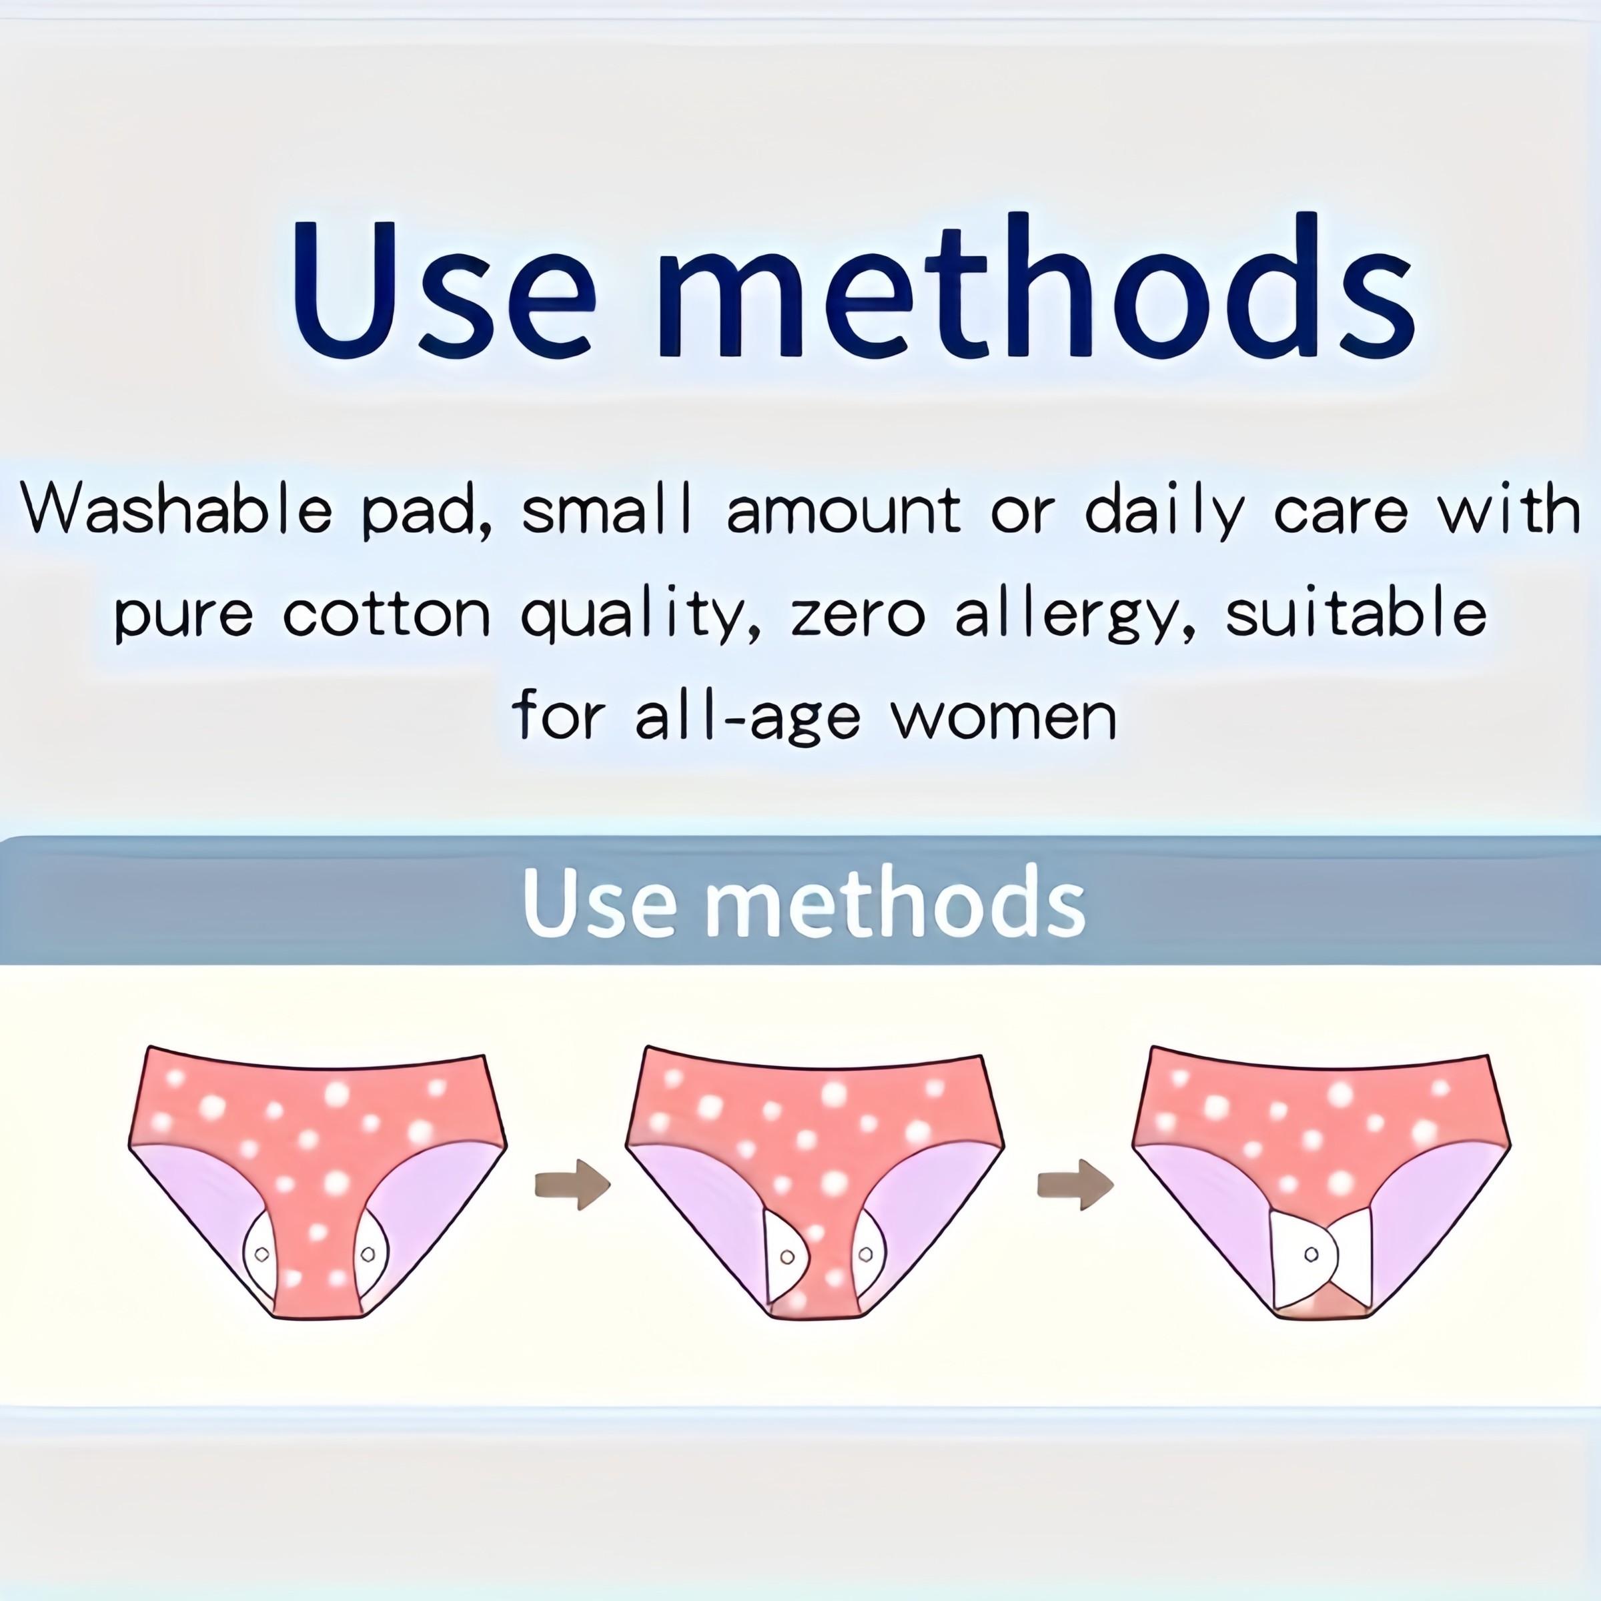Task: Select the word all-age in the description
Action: click(x=747, y=718)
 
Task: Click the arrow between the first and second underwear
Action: click(x=572, y=1185)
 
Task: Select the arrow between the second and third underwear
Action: click(x=1075, y=1185)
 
